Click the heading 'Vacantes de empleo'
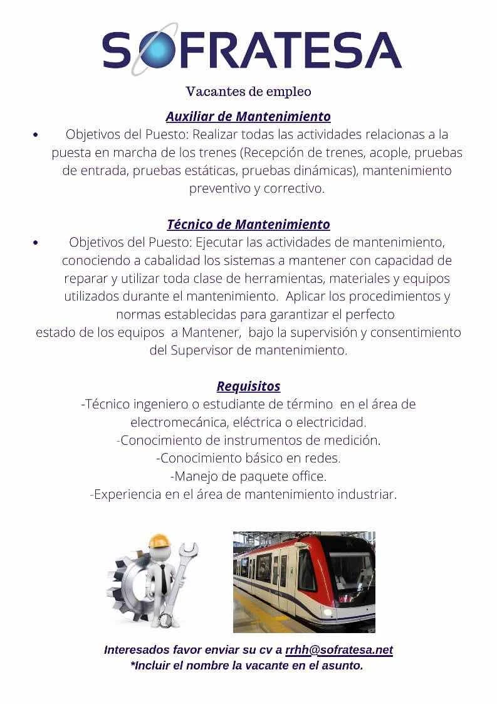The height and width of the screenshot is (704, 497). (x=248, y=92)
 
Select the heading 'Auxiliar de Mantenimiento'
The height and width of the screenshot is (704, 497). (x=248, y=116)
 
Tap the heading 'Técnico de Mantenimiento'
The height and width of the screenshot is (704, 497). (x=248, y=224)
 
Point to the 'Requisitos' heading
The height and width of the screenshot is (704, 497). (x=248, y=386)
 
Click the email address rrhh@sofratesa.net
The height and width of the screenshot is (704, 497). (x=339, y=650)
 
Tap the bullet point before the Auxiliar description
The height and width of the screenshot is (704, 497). (x=36, y=135)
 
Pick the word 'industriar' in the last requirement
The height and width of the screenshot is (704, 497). (x=367, y=494)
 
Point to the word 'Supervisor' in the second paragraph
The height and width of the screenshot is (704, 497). (x=202, y=350)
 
